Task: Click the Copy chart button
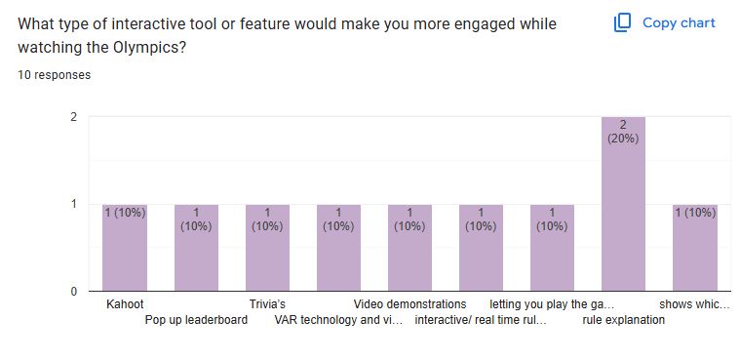tap(664, 22)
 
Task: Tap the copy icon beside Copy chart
tap(623, 22)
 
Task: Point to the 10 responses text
tap(55, 75)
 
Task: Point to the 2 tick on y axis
tap(74, 117)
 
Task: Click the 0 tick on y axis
tap(74, 291)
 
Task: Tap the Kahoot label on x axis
tap(125, 304)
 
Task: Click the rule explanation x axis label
tap(623, 319)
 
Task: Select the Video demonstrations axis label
tap(409, 304)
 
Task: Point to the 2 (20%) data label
tap(623, 131)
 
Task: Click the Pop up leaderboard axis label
tap(196, 319)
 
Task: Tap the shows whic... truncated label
tap(693, 304)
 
